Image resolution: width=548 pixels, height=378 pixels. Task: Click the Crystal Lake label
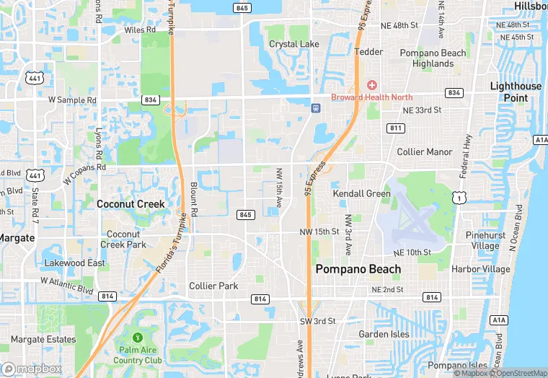294,44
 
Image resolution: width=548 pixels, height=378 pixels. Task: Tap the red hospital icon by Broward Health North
372,85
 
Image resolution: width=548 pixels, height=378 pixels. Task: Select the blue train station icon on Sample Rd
315,108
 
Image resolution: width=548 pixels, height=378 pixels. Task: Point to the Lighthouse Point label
516,92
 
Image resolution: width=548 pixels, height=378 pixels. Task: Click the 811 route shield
395,128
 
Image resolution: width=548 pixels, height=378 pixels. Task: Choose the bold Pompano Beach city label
358,269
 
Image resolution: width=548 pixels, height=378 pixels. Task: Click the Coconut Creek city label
131,204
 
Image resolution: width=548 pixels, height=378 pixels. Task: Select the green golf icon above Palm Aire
137,337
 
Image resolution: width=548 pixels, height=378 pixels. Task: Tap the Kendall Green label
361,193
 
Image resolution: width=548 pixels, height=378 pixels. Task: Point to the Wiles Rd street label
140,30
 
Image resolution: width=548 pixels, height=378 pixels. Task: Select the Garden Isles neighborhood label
384,334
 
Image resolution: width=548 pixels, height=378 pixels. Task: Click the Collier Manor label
425,152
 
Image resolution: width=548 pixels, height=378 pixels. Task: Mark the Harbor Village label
480,269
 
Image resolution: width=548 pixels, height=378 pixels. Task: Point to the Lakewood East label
75,263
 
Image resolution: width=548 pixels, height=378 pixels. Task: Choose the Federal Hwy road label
465,156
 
